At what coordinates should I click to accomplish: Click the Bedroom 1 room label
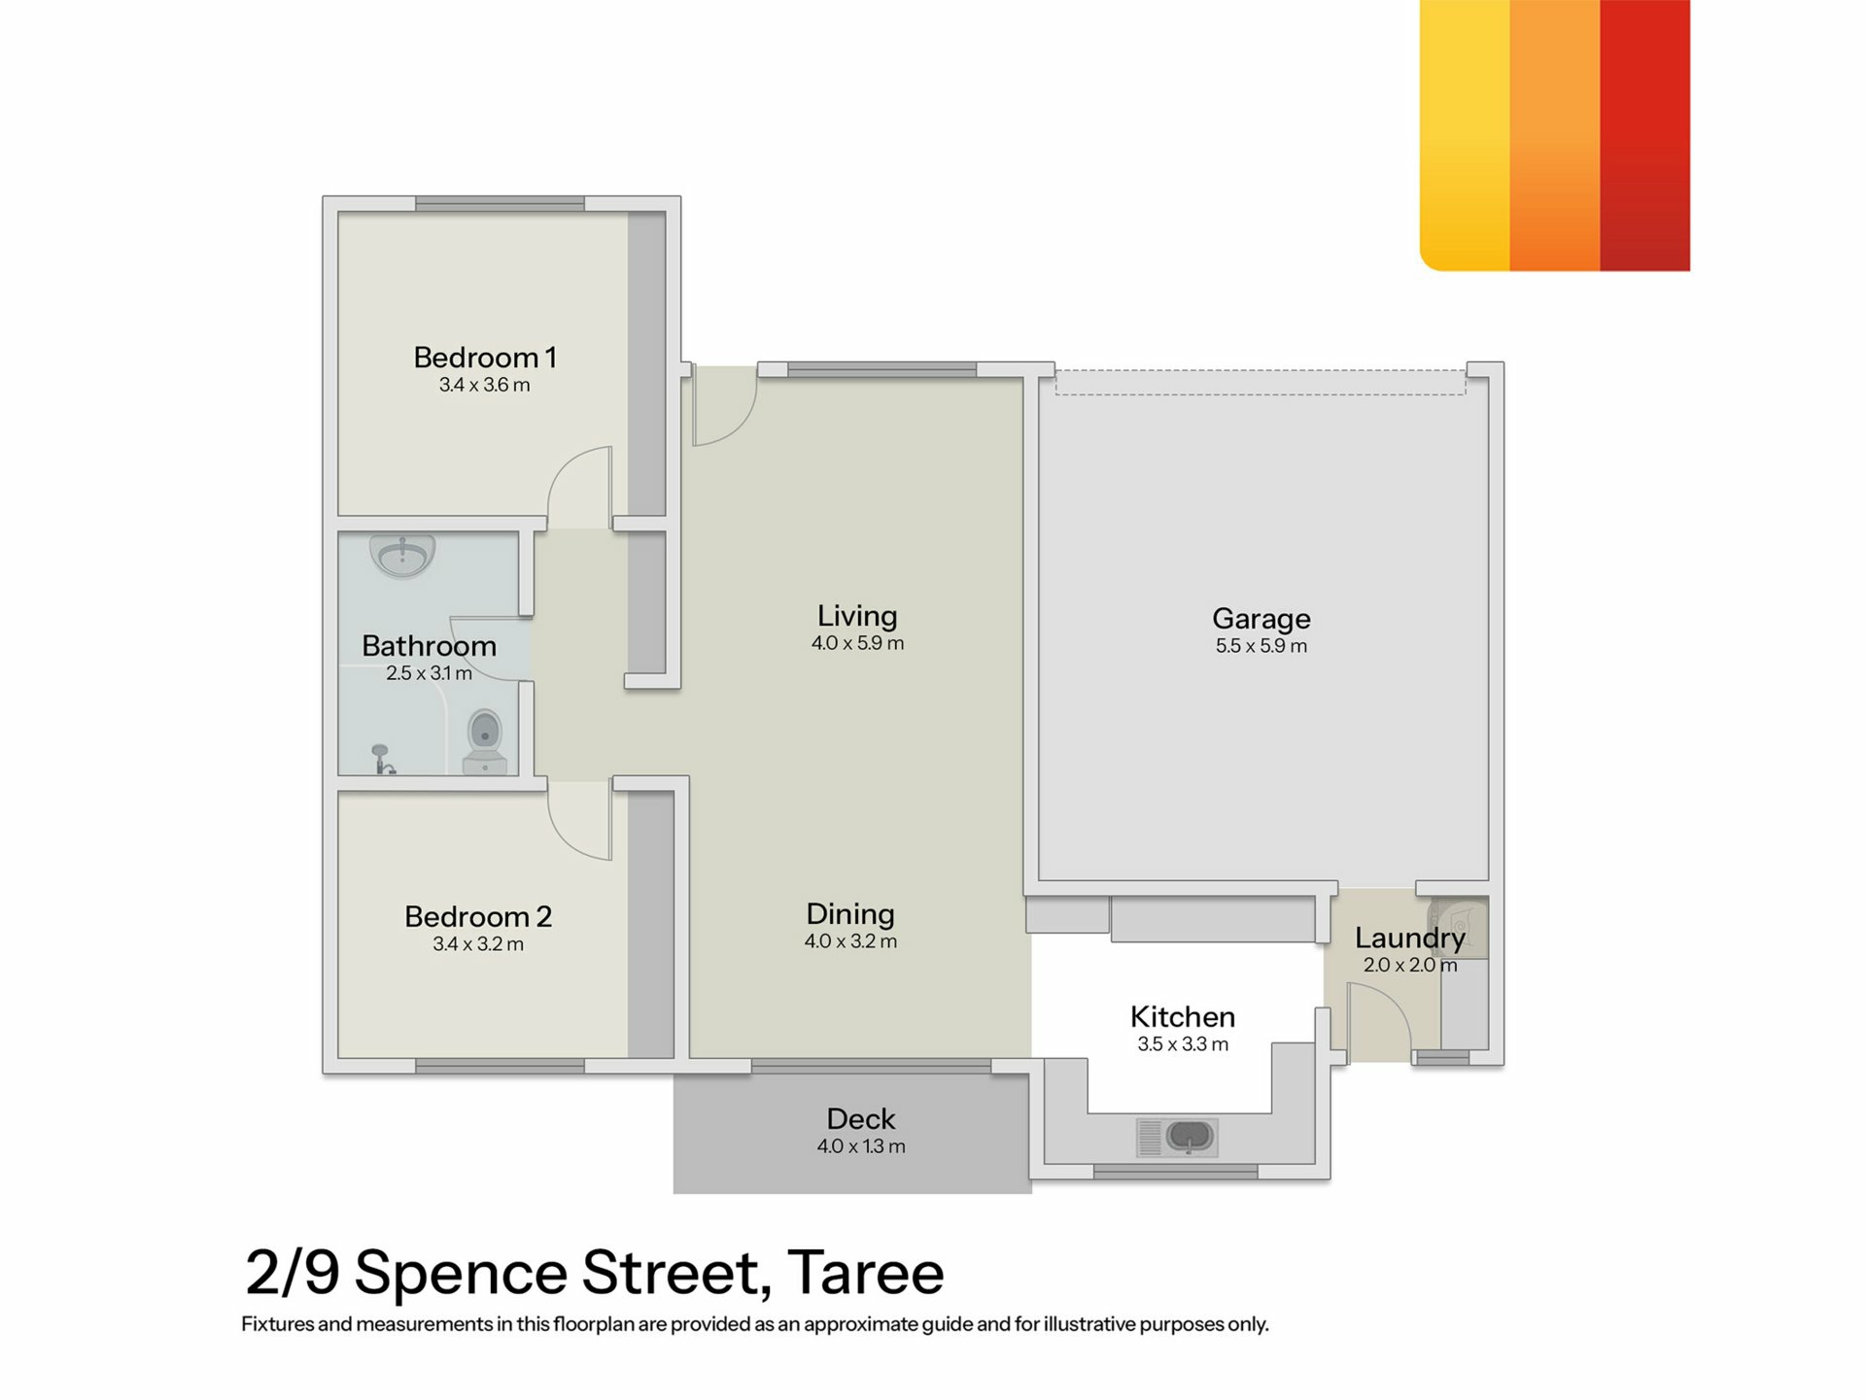click(485, 358)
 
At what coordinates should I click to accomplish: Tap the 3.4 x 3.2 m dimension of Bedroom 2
click(478, 944)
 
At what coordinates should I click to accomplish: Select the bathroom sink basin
click(402, 557)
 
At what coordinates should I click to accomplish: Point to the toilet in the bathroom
click(485, 742)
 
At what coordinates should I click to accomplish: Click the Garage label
click(1261, 619)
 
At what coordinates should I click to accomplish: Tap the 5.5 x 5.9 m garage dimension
click(1261, 646)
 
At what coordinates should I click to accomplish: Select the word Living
click(857, 616)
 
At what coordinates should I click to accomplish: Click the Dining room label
click(850, 914)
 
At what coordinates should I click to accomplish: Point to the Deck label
click(861, 1119)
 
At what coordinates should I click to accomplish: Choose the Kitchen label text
click(1183, 1017)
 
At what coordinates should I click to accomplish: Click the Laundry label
click(1410, 938)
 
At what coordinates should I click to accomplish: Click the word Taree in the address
click(865, 1273)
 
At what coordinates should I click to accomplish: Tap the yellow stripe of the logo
click(1465, 135)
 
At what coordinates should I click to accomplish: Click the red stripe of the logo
click(1644, 135)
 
